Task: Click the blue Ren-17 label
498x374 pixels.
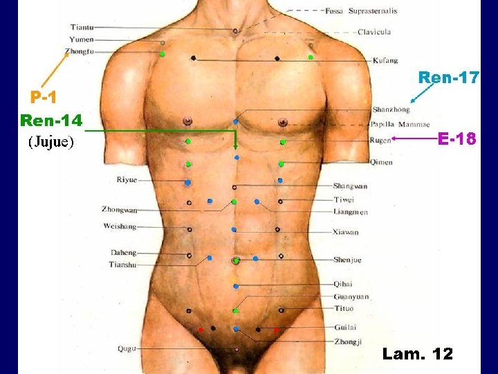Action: tap(448, 78)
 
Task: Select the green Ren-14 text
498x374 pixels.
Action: tap(51, 121)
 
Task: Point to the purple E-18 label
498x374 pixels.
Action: tap(456, 139)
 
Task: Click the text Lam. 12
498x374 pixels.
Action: tap(417, 354)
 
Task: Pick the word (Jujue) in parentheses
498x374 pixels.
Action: tap(50, 143)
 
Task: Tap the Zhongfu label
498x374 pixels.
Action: tap(80, 51)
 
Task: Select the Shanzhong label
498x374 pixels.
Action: tap(391, 109)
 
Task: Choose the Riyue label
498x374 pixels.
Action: tap(127, 179)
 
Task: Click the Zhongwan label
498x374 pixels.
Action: tap(120, 208)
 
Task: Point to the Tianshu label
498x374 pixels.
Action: tap(122, 265)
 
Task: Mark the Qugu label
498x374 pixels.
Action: tap(127, 348)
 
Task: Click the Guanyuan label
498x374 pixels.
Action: tap(351, 296)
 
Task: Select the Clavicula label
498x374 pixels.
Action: tap(374, 32)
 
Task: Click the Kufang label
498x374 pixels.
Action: tap(385, 61)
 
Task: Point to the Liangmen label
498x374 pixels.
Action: tap(350, 212)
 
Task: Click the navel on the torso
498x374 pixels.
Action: tap(236, 261)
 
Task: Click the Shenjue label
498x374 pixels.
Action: tap(347, 260)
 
